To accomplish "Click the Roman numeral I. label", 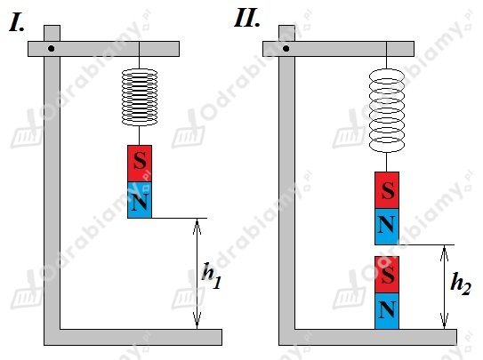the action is click(x=17, y=23).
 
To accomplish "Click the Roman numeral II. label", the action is click(x=247, y=18).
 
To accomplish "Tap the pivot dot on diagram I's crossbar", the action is click(x=52, y=49).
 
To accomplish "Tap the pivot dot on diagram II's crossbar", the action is click(x=286, y=49).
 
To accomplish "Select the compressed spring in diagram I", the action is click(x=140, y=97).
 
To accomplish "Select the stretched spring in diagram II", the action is click(x=387, y=110).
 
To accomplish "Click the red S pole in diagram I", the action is click(x=140, y=164).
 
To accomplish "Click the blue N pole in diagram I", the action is click(x=140, y=200).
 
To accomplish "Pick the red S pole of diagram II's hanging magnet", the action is click(x=387, y=190).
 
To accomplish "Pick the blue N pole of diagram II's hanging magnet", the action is click(x=387, y=227).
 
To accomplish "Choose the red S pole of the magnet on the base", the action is click(x=387, y=275).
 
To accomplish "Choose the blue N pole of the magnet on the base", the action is click(x=387, y=311).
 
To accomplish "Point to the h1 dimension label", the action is click(x=212, y=276).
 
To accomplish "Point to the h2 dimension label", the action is click(x=461, y=283).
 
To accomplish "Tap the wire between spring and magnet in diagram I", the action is click(x=140, y=135).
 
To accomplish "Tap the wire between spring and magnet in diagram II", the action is click(x=386, y=162).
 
